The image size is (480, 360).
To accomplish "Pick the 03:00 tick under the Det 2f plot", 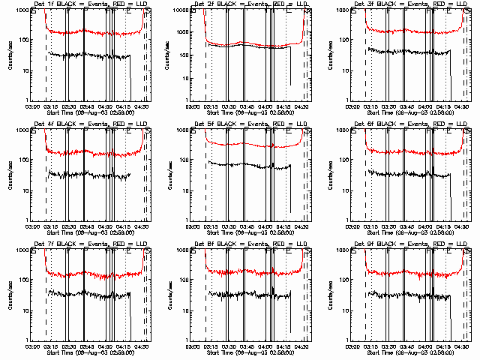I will [x=191, y=107].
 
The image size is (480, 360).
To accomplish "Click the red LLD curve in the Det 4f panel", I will [x=90, y=152].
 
